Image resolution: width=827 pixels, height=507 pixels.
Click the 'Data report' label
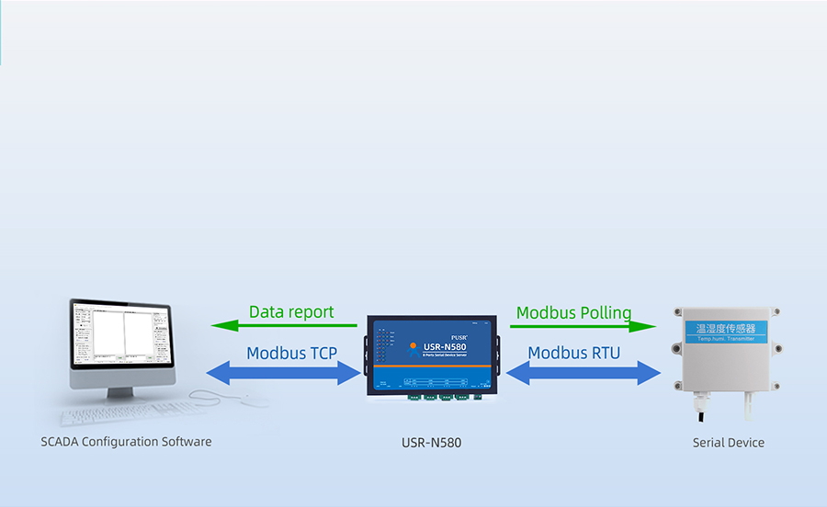point(291,312)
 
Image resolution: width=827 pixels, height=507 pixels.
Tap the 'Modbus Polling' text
point(573,312)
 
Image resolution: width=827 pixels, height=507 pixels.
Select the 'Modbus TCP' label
point(291,353)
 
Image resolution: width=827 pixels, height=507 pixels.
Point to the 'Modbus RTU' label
point(573,353)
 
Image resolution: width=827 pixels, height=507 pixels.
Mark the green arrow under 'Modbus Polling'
point(583,325)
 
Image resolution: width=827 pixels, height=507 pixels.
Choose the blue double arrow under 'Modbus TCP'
point(284,372)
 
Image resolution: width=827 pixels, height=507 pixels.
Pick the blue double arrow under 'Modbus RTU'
point(583,372)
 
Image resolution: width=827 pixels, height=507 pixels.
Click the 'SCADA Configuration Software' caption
point(126,442)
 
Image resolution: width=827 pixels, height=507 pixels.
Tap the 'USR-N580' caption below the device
point(431,443)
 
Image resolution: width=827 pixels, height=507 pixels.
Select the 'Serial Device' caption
point(728,443)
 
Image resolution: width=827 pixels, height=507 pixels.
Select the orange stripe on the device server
point(432,366)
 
